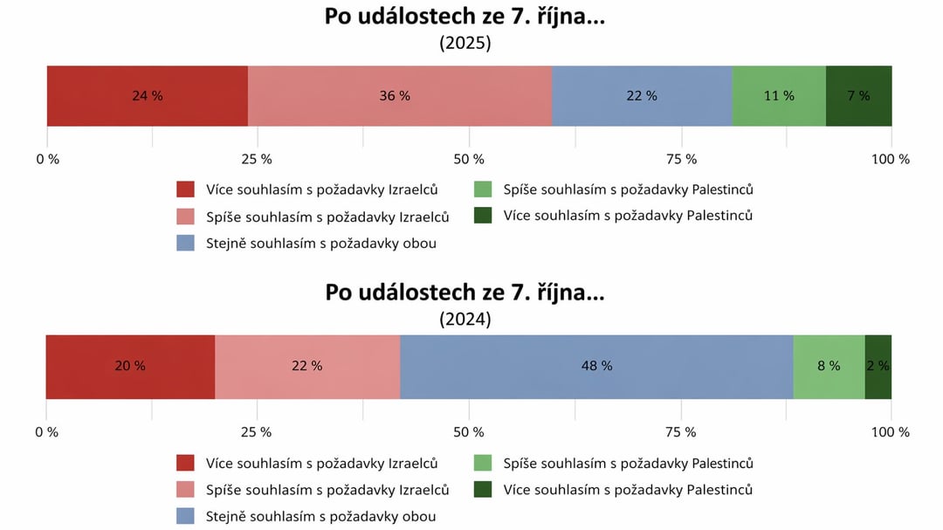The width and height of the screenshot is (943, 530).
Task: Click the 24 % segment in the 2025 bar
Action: tap(147, 96)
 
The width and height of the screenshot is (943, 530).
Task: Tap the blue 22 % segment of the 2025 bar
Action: tap(642, 96)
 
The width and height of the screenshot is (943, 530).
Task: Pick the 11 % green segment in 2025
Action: tap(779, 96)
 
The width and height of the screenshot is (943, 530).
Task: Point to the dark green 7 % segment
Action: tap(858, 96)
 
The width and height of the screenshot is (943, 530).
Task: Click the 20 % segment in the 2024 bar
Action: tap(130, 367)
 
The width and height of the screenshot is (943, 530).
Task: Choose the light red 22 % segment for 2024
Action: tap(307, 367)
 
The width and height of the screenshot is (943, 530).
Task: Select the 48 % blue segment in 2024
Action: tap(596, 367)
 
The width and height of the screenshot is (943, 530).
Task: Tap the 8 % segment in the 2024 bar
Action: tap(829, 367)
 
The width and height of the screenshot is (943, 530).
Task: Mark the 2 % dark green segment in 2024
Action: tap(878, 367)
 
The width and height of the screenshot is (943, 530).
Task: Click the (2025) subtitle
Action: tap(465, 44)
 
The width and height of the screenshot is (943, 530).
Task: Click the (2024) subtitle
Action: tap(465, 320)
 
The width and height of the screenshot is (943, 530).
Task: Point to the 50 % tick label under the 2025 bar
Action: tap(469, 160)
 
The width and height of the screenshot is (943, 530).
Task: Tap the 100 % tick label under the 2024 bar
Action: tap(891, 432)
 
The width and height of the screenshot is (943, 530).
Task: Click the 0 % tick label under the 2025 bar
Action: tap(47, 160)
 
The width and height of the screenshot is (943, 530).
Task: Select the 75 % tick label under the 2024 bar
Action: tap(680, 432)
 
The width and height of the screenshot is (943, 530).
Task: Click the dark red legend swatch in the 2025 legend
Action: tap(185, 189)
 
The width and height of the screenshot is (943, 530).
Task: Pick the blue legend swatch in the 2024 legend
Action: tap(185, 517)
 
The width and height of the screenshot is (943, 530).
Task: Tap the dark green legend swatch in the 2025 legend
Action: tap(483, 216)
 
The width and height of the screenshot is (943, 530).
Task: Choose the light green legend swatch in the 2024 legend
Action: tap(483, 464)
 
